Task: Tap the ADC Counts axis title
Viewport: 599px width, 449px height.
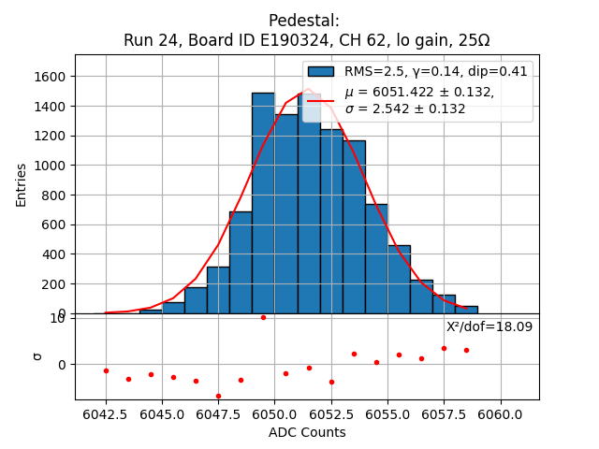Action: point(307,432)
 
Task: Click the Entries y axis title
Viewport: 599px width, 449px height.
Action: point(22,184)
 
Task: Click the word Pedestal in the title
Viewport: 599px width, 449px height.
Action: point(304,21)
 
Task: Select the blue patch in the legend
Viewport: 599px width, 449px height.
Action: point(320,71)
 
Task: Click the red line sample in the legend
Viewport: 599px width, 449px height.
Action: point(320,100)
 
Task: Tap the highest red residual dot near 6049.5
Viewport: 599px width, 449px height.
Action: point(263,317)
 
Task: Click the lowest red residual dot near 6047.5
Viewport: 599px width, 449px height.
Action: point(218,396)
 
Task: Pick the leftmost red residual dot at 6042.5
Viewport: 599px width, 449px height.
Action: point(106,370)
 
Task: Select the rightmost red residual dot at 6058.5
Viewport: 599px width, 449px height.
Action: point(466,350)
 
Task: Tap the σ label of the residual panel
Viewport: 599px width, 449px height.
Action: point(37,355)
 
